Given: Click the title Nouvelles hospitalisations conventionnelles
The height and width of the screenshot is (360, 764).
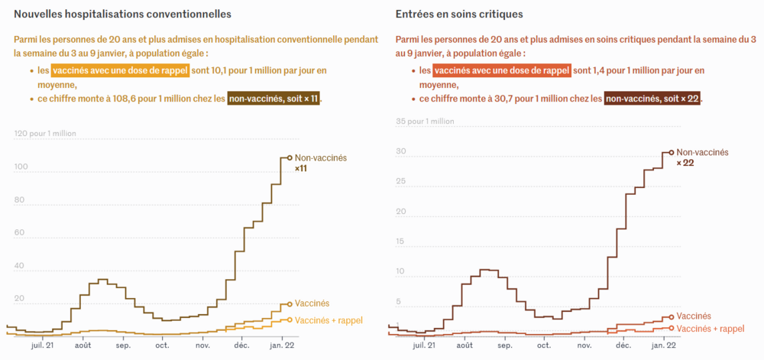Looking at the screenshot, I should coord(123,15).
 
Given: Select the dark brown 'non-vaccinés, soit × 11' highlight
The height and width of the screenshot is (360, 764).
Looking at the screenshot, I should coord(274,99).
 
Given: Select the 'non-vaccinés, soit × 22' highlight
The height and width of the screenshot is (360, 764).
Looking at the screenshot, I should coord(653,99).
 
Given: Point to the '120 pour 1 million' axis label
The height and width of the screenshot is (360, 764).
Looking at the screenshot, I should coord(45,133).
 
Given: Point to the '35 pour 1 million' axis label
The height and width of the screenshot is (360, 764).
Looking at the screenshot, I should coord(425,121).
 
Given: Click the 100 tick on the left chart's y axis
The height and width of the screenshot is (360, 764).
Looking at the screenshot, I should coord(21,167).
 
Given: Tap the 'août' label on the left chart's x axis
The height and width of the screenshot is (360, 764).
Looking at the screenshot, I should coord(83,345).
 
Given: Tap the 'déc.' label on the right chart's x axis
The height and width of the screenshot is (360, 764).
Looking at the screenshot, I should coord(623,345).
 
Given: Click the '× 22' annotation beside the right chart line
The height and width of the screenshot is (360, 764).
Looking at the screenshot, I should coord(685,163).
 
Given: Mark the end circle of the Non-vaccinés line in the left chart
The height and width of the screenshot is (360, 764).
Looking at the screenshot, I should coord(290,157).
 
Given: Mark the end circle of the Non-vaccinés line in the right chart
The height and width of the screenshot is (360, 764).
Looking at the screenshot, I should coord(672,152).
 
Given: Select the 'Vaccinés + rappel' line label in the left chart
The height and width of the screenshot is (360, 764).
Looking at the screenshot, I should coord(329,320).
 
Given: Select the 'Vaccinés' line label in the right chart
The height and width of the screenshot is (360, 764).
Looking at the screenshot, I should coord(694,316).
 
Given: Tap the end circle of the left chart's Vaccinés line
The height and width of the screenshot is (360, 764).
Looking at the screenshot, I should coord(290,304).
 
